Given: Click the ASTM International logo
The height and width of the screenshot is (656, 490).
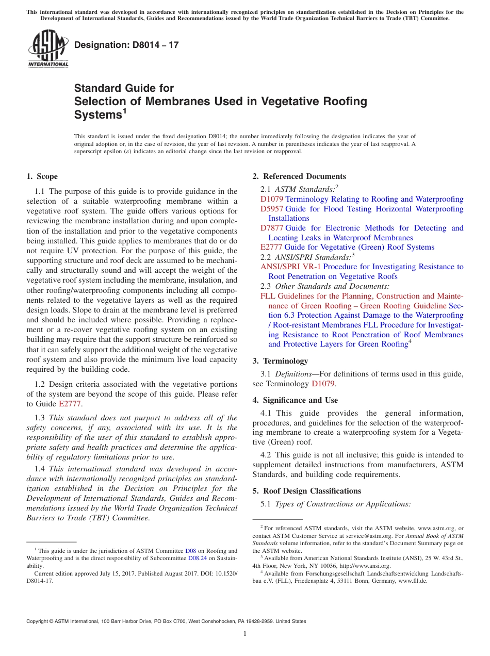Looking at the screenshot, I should click(x=48, y=48).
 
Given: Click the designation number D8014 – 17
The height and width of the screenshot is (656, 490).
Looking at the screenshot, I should click(x=126, y=45).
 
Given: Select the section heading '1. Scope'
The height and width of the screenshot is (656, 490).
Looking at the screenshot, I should click(x=42, y=176).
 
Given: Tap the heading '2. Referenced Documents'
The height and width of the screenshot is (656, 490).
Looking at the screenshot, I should click(x=299, y=176).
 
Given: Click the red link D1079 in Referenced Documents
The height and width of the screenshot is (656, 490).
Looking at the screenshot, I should click(x=272, y=199).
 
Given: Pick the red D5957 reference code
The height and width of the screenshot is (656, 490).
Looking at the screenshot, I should click(x=272, y=209).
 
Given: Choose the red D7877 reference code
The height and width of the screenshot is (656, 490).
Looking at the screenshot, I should click(x=272, y=228).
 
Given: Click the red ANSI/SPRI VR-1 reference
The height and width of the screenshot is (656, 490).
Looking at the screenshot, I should click(x=290, y=267).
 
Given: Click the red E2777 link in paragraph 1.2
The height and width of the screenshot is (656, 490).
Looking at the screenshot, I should click(x=70, y=404).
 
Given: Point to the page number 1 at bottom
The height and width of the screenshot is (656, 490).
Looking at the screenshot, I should click(x=245, y=634).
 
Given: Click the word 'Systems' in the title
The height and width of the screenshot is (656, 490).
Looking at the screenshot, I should click(x=97, y=115).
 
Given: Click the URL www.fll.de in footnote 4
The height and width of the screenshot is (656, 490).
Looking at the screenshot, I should click(x=416, y=580).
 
